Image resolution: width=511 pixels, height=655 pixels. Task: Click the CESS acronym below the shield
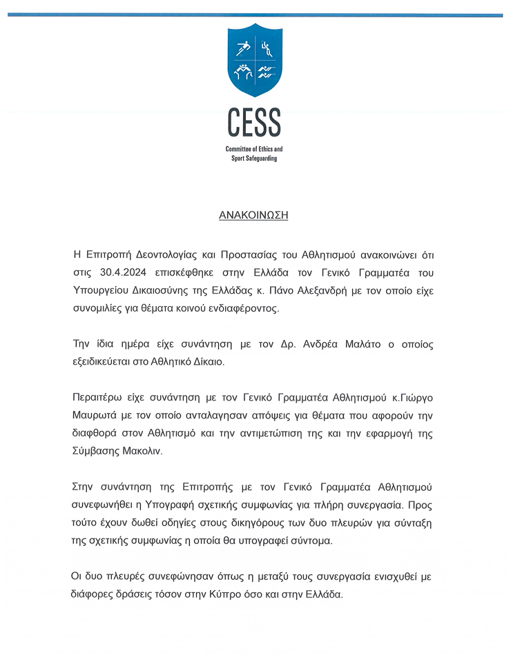click(254, 123)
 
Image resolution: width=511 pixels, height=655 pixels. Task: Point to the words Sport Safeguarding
click(254, 159)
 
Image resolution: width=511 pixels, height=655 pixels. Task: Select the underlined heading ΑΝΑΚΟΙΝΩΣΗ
click(253, 215)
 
